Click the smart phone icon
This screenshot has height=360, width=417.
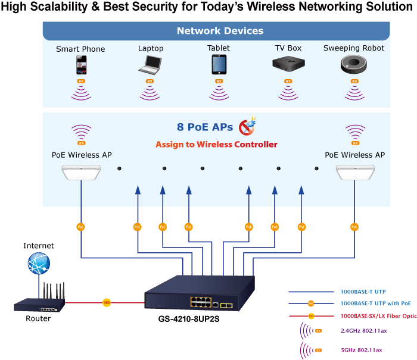click(x=81, y=64)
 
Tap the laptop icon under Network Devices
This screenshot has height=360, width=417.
click(x=150, y=64)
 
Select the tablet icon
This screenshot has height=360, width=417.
click(x=219, y=64)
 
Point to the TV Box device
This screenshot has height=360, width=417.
click(x=288, y=64)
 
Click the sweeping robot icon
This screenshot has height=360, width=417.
click(x=354, y=64)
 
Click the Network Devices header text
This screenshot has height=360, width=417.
click(x=220, y=31)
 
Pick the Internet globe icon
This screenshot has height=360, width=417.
click(x=39, y=263)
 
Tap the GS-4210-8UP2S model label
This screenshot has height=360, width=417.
click(x=190, y=318)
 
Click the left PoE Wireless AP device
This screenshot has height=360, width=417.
click(x=81, y=173)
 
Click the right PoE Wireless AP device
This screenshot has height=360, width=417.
click(x=354, y=173)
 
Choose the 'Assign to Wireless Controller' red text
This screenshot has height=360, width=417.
click(x=216, y=144)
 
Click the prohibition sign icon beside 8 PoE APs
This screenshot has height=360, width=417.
click(x=247, y=127)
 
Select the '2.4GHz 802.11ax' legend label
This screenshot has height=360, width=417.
click(x=364, y=330)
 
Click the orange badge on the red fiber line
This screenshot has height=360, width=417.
click(x=107, y=302)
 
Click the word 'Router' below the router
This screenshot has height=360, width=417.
click(x=38, y=318)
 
